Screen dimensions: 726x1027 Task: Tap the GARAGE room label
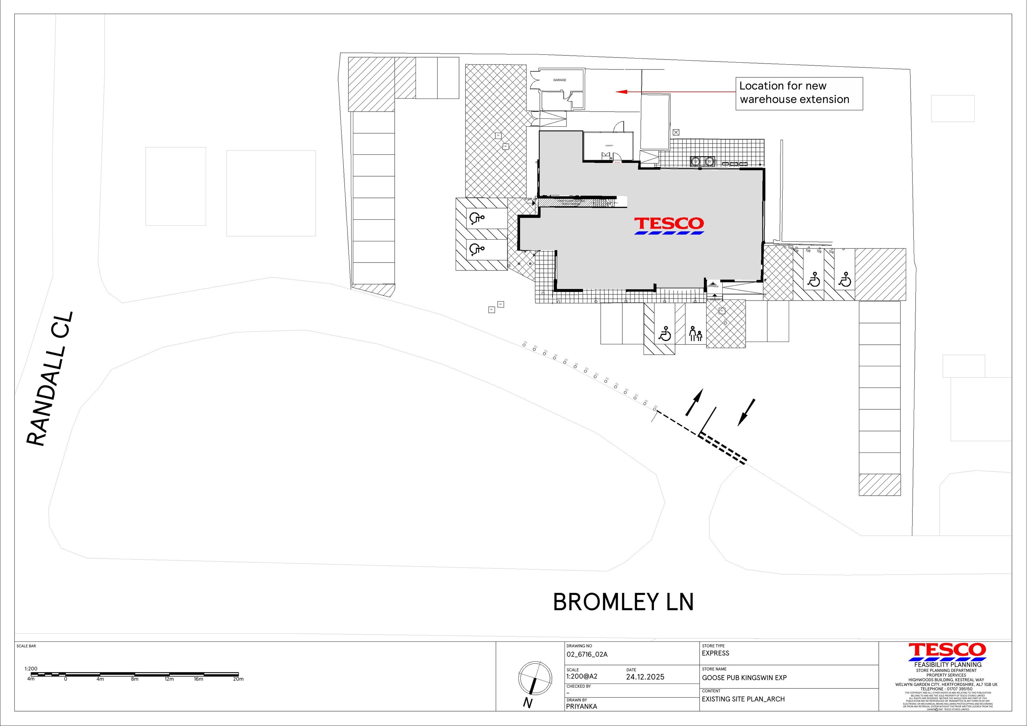click(560, 80)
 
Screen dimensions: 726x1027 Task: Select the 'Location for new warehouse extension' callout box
click(799, 93)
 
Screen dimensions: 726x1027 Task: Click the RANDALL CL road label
click(50, 379)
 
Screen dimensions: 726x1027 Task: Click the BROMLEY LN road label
click(623, 602)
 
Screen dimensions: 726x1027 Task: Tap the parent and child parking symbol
click(696, 333)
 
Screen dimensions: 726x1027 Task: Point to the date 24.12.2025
click(645, 677)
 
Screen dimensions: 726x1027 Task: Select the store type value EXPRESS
click(715, 653)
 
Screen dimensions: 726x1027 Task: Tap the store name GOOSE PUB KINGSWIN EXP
click(744, 678)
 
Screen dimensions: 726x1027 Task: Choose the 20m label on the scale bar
click(238, 679)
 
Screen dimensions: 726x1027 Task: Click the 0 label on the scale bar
click(65, 679)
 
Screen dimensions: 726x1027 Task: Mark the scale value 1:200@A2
click(582, 676)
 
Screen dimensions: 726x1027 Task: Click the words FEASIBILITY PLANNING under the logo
click(947, 665)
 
